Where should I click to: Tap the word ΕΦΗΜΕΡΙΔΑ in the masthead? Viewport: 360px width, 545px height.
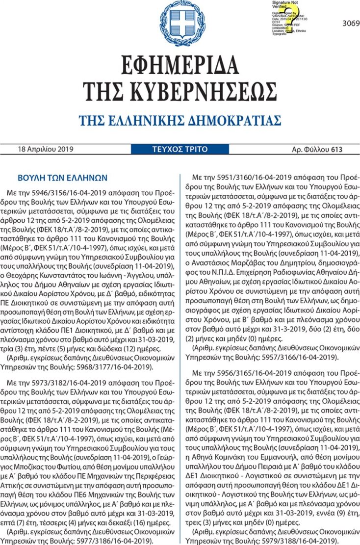click(x=180, y=64)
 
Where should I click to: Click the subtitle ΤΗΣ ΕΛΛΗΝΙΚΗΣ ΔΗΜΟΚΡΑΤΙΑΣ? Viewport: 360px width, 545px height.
click(x=180, y=121)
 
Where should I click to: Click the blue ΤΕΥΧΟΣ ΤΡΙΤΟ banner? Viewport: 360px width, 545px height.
click(x=180, y=149)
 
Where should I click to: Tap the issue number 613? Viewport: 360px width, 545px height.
click(x=336, y=149)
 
